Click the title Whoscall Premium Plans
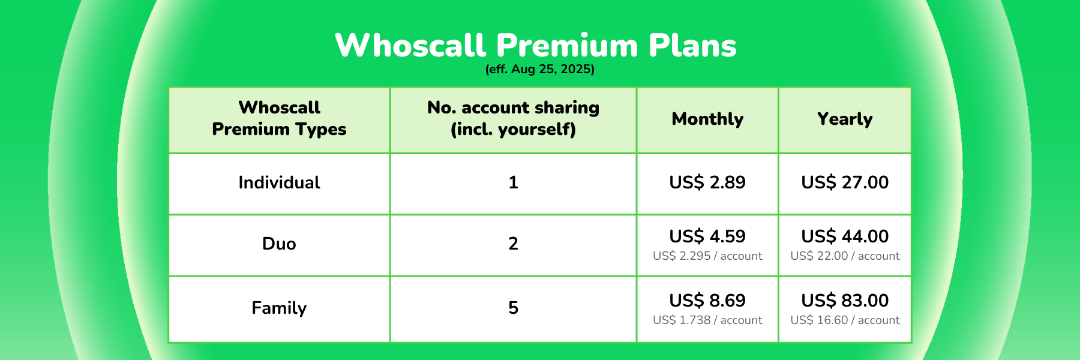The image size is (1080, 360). click(536, 45)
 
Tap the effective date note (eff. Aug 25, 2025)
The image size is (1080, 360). click(540, 69)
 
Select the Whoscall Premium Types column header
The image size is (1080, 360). click(280, 118)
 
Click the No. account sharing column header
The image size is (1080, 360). click(514, 118)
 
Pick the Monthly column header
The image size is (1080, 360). click(707, 119)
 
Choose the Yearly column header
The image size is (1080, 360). click(845, 119)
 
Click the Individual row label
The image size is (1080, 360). click(280, 182)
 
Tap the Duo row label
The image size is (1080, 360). click(280, 244)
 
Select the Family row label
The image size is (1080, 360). click(280, 308)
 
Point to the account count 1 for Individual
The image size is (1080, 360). click(514, 182)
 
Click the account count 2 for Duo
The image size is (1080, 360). click(514, 244)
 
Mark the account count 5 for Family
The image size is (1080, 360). click(514, 308)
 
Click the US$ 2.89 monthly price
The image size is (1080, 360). click(707, 182)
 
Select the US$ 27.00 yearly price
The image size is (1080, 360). click(845, 182)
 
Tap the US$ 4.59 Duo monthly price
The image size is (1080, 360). click(707, 236)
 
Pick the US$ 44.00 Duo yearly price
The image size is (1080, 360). click(845, 236)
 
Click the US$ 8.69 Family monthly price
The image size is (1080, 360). click(707, 301)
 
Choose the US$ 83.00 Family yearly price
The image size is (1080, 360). click(845, 301)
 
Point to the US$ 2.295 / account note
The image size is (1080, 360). click(707, 256)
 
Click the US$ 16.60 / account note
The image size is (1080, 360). click(845, 320)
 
